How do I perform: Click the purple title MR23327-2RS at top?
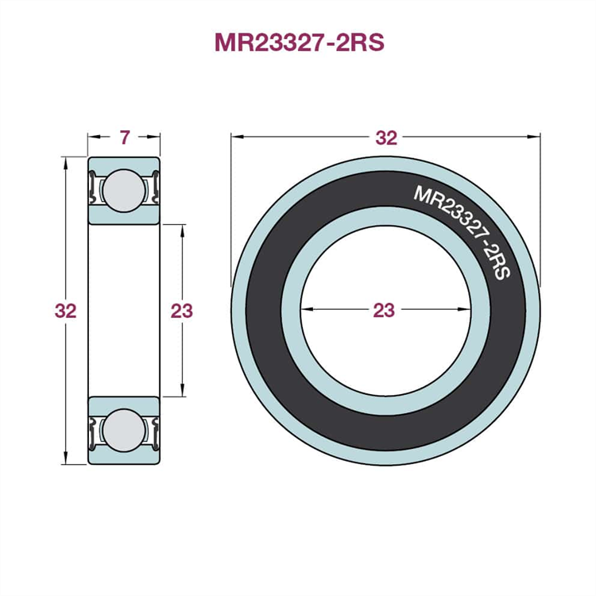point(299,42)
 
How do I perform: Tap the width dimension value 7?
point(125,137)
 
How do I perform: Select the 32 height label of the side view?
point(65,311)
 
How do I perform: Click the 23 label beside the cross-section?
point(182,311)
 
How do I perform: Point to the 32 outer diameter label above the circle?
point(386,138)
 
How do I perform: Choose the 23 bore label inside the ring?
point(384,310)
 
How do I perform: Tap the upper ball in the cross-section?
point(124,191)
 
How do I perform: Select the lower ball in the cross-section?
point(124,431)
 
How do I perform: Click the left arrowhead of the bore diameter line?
point(307,309)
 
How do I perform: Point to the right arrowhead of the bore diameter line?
point(465,309)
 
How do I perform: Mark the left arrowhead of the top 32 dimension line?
point(238,137)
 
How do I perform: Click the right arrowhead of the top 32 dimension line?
point(534,137)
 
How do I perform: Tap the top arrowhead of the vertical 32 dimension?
point(66,163)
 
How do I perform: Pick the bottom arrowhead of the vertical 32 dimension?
point(66,458)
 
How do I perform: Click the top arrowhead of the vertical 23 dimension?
point(183,230)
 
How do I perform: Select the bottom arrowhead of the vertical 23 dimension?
point(183,390)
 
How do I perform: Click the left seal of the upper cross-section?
point(92,188)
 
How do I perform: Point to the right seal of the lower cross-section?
point(156,433)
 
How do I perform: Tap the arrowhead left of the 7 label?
point(95,137)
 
